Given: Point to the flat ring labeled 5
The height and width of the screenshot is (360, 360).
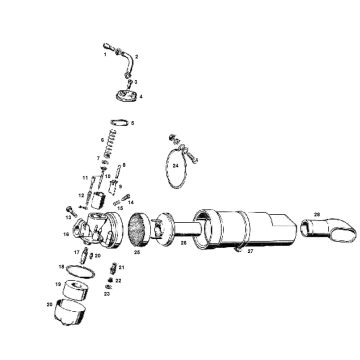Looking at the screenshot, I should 118,123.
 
